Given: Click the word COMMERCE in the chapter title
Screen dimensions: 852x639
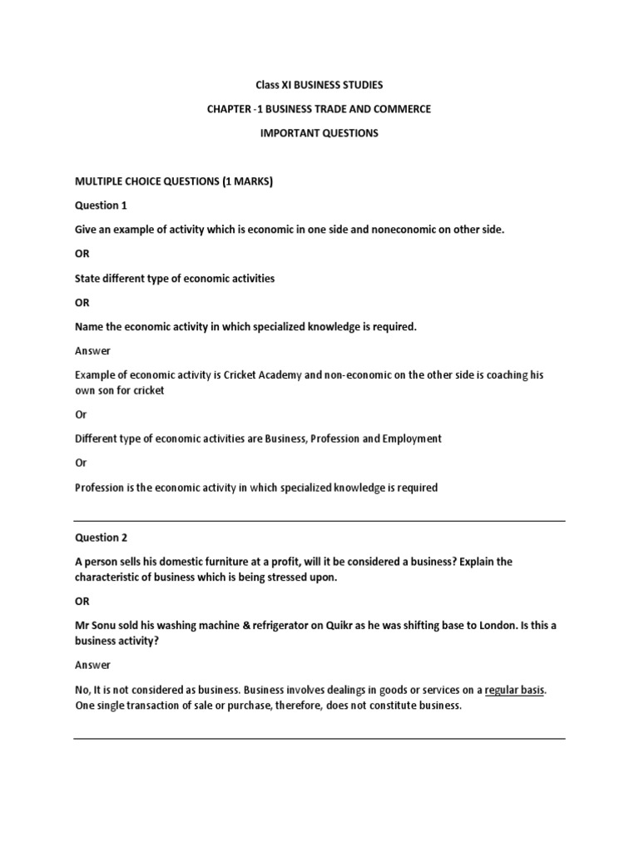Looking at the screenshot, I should click(407, 109).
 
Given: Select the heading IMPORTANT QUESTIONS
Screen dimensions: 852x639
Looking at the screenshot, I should click(319, 133).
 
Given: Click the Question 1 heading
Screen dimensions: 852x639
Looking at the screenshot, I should click(102, 206).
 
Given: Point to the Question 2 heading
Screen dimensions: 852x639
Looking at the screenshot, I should click(102, 537).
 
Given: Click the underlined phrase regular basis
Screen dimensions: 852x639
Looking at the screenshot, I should click(515, 690).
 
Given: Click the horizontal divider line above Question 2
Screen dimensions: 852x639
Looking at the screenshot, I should click(319, 522).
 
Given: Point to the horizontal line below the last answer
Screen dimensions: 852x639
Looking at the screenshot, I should click(319, 738).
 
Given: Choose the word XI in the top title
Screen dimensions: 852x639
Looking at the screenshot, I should click(284, 85).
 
